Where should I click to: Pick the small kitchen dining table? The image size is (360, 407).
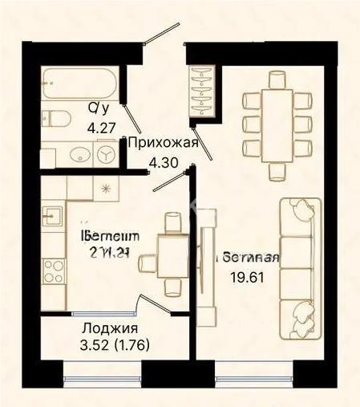[171, 256]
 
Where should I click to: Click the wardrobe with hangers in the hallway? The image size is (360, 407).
[200, 88]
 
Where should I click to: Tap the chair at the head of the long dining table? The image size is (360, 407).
[277, 79]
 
